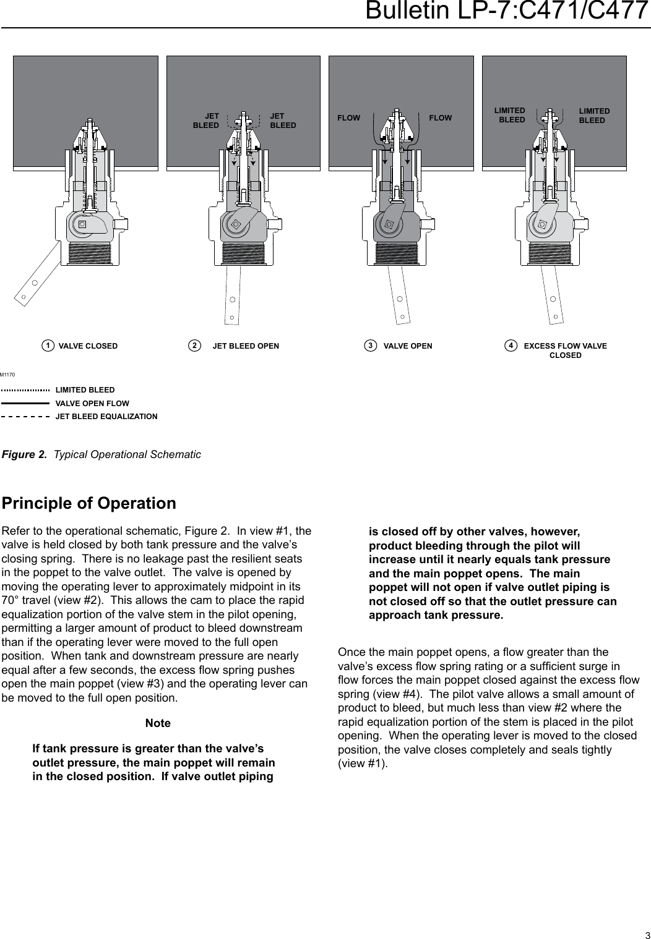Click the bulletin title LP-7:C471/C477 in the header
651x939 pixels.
coord(507,11)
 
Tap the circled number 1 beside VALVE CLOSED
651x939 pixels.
coord(47,346)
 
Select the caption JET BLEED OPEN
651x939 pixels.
coord(246,346)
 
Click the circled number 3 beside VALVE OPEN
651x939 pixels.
coord(370,346)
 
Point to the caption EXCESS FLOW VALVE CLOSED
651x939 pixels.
coord(565,350)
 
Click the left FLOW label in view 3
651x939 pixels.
coord(348,117)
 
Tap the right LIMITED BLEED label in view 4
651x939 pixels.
coord(594,116)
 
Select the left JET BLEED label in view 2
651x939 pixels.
coord(207,120)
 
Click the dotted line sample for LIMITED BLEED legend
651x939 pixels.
coord(25,390)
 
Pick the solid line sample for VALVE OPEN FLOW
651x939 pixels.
coord(25,403)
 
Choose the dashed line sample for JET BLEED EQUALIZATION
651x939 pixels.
coord(25,417)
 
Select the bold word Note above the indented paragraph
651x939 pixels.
coord(158,723)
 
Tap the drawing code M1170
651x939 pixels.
coord(7,375)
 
